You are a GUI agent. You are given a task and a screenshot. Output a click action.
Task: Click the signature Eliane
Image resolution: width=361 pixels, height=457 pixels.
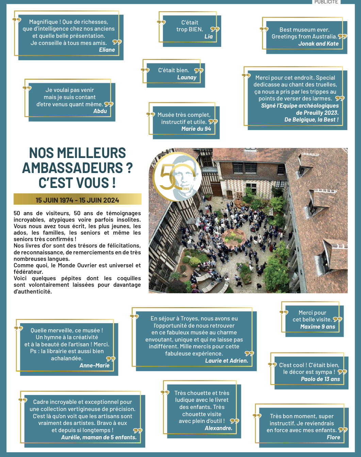coord(107,50)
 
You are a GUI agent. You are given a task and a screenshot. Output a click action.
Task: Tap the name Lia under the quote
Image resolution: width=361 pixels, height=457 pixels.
coord(209,36)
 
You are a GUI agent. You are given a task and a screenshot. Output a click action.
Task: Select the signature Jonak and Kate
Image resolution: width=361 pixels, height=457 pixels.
coord(318,44)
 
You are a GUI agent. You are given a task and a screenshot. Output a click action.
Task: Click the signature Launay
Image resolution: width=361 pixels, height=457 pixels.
coord(187,77)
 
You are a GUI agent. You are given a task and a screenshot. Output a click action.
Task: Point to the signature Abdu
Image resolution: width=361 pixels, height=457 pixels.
coord(100,111)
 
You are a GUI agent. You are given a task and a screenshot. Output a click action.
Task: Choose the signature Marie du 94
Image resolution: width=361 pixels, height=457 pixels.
coord(196,129)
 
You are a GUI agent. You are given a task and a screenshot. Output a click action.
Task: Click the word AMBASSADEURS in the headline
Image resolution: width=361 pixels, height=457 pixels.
coord(73,168)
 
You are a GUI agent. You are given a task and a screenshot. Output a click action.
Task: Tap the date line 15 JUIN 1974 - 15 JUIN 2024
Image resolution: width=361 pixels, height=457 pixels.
coord(77,200)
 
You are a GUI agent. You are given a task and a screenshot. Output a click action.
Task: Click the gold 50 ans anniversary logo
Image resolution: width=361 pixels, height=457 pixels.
coord(177,177)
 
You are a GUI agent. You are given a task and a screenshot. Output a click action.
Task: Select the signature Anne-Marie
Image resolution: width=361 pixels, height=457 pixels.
coord(95,365)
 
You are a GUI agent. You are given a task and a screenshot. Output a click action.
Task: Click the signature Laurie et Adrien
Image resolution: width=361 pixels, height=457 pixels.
coord(227,361)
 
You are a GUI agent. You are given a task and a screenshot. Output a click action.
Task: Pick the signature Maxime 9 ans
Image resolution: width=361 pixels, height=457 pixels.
coord(318,327)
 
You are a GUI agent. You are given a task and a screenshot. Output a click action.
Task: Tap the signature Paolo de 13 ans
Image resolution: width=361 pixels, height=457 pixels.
coord(320,379)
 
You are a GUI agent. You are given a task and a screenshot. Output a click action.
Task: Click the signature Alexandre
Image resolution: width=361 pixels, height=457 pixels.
coord(218,428)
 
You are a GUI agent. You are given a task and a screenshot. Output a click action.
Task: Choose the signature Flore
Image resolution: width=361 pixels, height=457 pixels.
coord(333,437)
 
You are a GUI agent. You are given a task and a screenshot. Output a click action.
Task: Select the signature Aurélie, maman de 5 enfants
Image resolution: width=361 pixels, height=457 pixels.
coord(99,437)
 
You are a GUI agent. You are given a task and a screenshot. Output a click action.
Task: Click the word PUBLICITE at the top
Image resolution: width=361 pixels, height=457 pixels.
coord(326,2)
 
